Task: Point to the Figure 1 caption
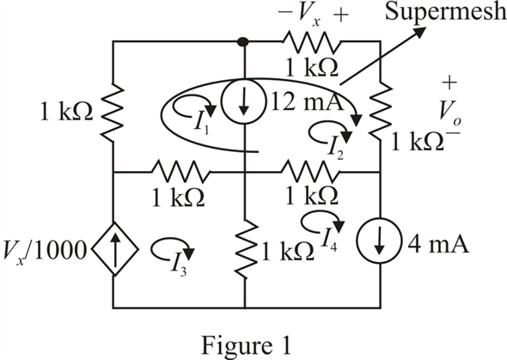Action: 246,345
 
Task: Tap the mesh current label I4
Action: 328,241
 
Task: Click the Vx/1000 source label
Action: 45,251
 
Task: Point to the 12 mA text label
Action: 307,101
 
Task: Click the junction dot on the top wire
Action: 243,41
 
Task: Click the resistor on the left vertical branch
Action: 113,111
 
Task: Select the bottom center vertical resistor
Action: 245,249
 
